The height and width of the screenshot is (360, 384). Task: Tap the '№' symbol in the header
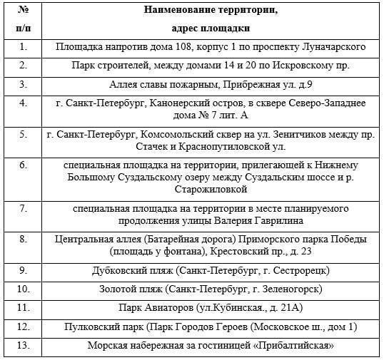(x=24, y=11)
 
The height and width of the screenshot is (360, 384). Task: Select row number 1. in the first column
(x=24, y=47)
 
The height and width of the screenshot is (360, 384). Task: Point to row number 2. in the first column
(x=24, y=66)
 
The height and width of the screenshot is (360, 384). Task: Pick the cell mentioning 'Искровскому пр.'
(x=211, y=66)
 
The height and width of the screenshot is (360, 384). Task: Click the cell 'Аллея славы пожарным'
(x=211, y=84)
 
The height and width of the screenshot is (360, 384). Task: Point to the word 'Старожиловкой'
(x=211, y=190)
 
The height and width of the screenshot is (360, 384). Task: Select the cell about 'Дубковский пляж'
(x=211, y=271)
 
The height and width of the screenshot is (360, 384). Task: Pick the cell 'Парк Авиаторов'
(x=211, y=308)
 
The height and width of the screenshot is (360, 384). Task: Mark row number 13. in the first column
(x=24, y=345)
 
